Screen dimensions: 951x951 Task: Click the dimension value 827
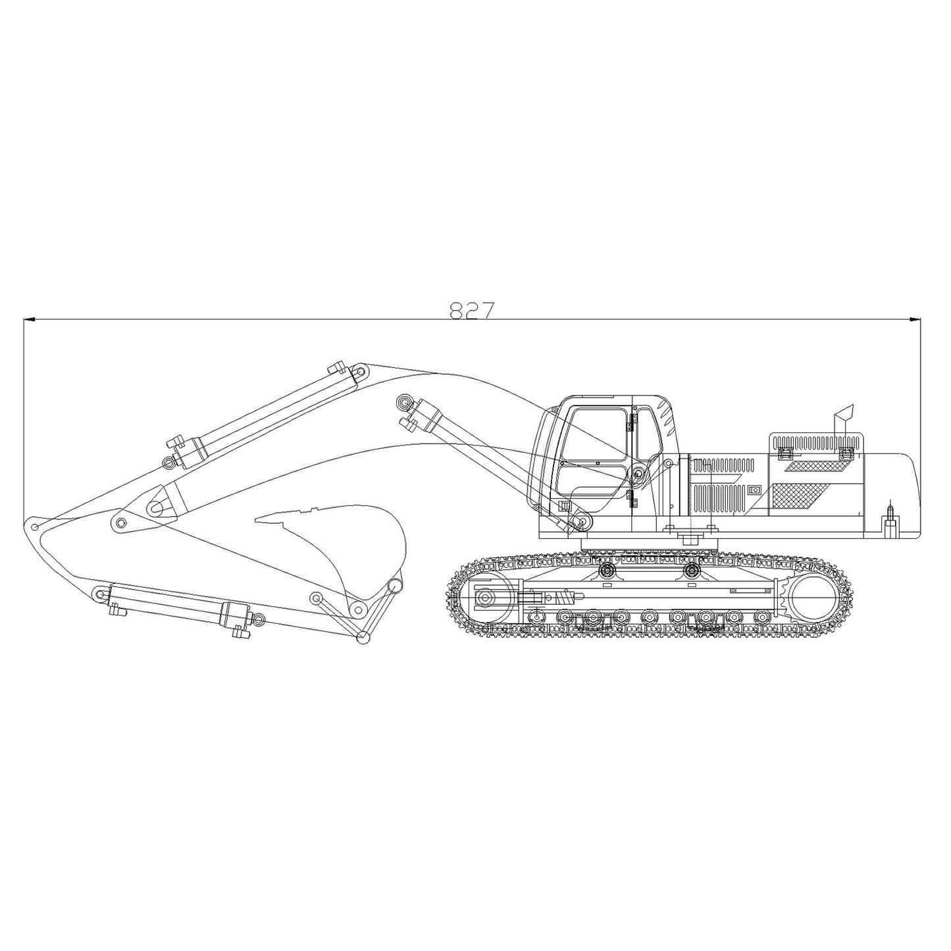[x=471, y=310]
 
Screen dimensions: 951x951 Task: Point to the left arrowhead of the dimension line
[x=28, y=321]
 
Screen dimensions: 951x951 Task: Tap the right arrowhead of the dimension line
[x=915, y=321]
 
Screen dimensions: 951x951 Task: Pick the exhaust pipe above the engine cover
[x=842, y=419]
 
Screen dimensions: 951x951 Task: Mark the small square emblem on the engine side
[x=754, y=490]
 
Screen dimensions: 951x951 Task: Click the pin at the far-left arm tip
[x=34, y=527]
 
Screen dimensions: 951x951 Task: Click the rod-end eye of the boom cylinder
[x=403, y=401]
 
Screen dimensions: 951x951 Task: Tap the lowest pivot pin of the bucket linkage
[x=361, y=636]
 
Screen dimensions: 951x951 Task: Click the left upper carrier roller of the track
[x=606, y=569]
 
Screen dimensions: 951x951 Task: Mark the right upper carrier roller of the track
[x=690, y=569]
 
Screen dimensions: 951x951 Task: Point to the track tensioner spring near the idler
[x=563, y=598]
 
